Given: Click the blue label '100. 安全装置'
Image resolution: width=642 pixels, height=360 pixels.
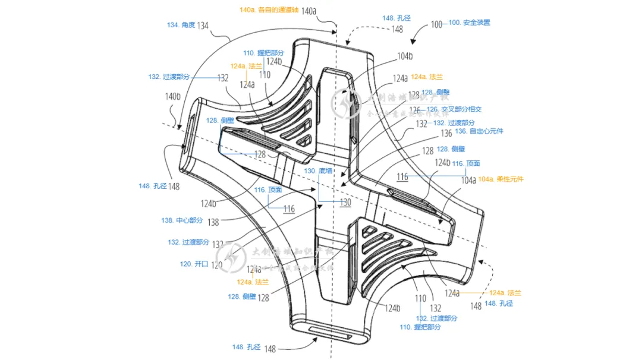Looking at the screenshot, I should [x=469, y=23].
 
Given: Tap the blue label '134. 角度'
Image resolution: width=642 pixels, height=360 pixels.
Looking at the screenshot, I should [x=180, y=26].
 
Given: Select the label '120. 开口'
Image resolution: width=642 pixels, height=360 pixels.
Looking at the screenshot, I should [x=194, y=264].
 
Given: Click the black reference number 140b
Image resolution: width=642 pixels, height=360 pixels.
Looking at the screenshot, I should [x=172, y=96].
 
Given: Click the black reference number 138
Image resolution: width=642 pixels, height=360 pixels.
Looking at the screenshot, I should [x=213, y=222].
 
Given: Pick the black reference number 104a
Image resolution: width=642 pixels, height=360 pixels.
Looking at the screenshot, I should [x=468, y=179].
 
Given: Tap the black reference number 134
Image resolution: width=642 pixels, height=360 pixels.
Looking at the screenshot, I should [x=203, y=26].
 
